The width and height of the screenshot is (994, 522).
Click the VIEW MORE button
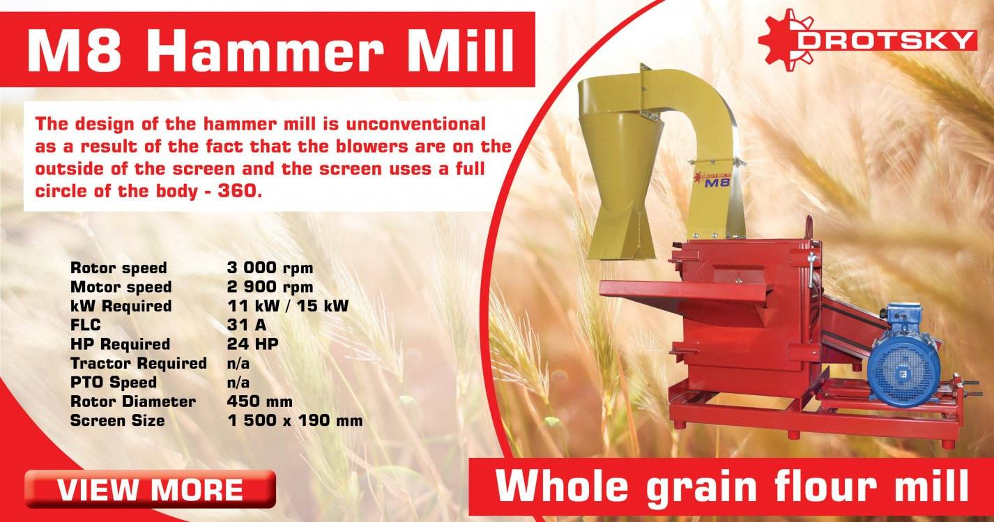(x=150, y=489)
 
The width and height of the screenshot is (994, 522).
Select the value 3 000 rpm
(x=270, y=268)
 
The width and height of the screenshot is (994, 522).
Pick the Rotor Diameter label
(x=133, y=401)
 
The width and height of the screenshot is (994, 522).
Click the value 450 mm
(x=259, y=401)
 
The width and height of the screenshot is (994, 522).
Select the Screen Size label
(x=118, y=420)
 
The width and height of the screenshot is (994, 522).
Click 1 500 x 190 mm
(x=294, y=420)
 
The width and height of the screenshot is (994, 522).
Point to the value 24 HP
(x=247, y=344)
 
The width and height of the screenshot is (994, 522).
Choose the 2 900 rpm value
(x=270, y=286)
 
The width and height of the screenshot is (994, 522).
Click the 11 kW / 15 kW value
(x=287, y=306)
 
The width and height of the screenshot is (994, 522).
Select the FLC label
(x=86, y=325)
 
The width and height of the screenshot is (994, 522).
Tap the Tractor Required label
(x=139, y=363)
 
